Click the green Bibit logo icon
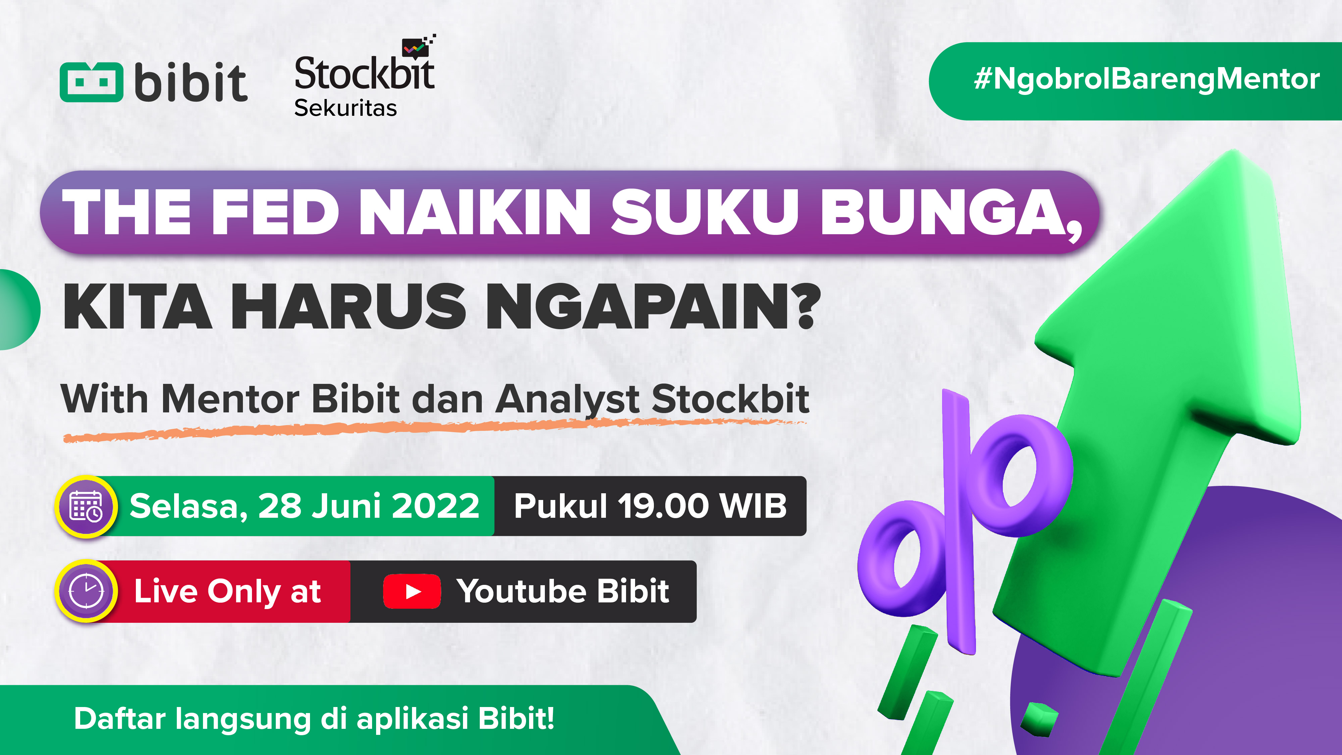(92, 82)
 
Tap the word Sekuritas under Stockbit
(346, 108)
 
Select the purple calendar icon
(87, 506)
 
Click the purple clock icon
(87, 591)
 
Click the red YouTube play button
(412, 591)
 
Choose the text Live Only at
(227, 591)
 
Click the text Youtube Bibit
(563, 591)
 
